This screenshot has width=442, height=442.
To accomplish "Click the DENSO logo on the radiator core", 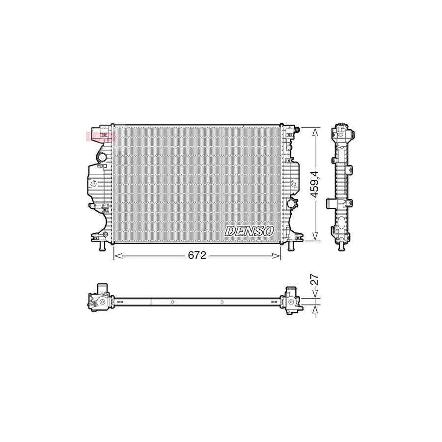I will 250,230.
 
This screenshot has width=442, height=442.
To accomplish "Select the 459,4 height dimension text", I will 317,184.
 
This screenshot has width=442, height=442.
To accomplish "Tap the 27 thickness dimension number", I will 316,280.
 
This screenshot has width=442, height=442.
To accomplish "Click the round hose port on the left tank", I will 102,158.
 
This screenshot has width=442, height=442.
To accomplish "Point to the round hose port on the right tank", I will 291,203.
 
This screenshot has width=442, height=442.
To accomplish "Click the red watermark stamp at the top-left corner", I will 100,136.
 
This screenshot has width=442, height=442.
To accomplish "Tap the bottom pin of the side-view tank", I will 340,246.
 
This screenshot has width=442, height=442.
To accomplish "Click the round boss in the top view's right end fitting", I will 291,302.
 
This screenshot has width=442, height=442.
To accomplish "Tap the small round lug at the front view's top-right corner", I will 297,130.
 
